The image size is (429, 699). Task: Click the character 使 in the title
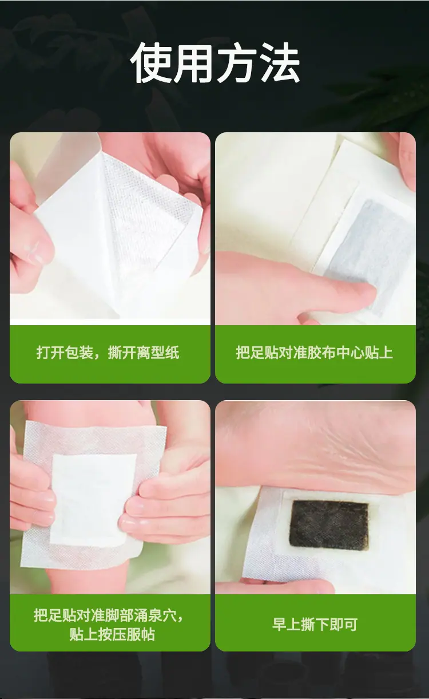pyautogui.click(x=152, y=62)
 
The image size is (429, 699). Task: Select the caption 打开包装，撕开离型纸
pyautogui.click(x=108, y=353)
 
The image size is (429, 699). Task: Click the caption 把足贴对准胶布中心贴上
pyautogui.click(x=314, y=353)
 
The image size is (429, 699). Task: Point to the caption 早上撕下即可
pyautogui.click(x=315, y=624)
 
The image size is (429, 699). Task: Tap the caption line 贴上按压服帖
pyautogui.click(x=112, y=634)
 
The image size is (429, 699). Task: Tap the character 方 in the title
pyautogui.click(x=237, y=62)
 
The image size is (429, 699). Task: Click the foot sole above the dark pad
pyautogui.click(x=316, y=446)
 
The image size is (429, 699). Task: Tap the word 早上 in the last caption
pyautogui.click(x=286, y=624)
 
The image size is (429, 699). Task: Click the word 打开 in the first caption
pyautogui.click(x=50, y=353)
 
